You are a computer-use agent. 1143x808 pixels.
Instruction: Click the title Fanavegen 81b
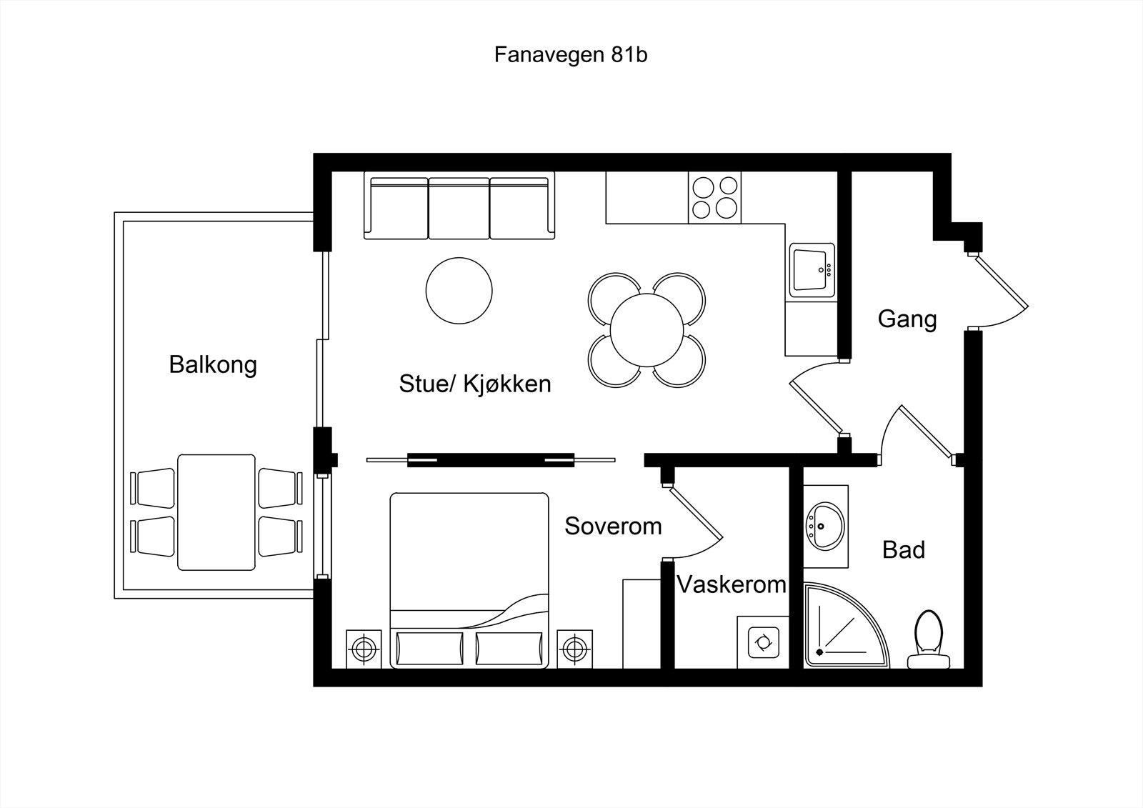[x=570, y=55]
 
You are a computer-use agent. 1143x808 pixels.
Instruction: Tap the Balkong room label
[x=213, y=364]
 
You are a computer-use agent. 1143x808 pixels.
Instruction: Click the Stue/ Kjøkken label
[x=475, y=384]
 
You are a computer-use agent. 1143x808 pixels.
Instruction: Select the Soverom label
[x=613, y=527]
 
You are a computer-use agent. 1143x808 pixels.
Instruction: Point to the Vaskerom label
[x=731, y=585]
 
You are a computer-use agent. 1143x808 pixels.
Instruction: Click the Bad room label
[x=904, y=549]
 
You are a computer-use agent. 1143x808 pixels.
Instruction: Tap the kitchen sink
[x=812, y=269]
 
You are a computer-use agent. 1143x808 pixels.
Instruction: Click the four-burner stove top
[x=714, y=197]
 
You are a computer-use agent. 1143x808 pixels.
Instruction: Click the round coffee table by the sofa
[x=459, y=291]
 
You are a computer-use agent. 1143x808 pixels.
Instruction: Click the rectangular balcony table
[x=216, y=512]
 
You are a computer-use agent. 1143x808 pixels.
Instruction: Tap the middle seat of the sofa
[x=459, y=209]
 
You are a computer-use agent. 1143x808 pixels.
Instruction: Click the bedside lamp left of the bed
[x=364, y=649]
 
